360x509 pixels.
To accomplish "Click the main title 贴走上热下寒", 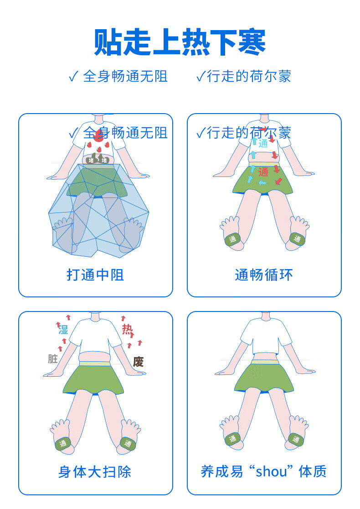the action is [x=180, y=42].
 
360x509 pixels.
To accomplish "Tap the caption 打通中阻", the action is [x=95, y=275].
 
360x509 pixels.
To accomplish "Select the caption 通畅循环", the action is [x=264, y=275].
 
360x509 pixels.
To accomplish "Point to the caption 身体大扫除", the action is [x=95, y=472].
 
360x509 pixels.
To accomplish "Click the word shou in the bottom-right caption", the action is [x=271, y=472].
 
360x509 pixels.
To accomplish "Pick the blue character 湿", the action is [x=63, y=329].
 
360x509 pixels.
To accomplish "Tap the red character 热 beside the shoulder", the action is [x=127, y=329].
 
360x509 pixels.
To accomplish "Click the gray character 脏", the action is [x=52, y=359].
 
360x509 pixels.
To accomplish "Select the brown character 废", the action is [x=138, y=362].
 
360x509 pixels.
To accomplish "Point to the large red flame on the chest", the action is [x=98, y=136].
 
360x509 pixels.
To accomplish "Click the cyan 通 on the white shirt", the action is [x=263, y=143].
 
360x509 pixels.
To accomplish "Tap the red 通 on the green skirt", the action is [x=263, y=172].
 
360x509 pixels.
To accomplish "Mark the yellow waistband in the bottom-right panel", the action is [x=264, y=362].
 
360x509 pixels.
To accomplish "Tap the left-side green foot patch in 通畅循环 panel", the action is [x=233, y=239].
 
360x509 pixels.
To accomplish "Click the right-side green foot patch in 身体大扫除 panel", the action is [x=128, y=443].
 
